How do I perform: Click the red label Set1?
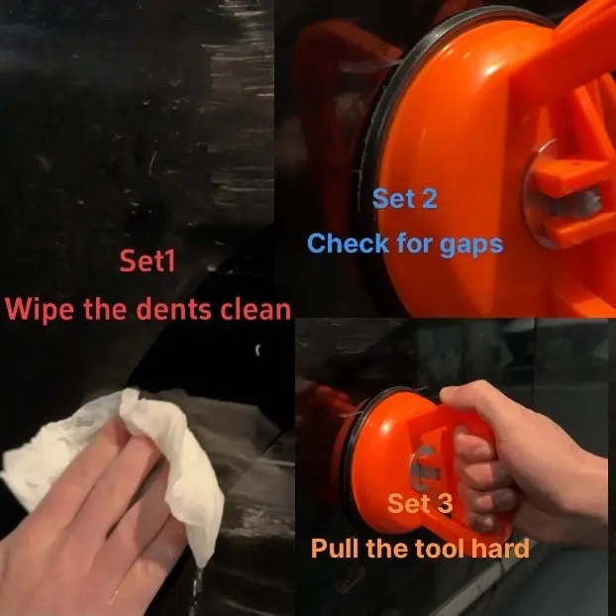point(148,260)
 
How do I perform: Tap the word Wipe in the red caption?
point(40,309)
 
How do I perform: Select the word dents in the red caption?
point(173,309)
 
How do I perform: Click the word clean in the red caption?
point(256,309)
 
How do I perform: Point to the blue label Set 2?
point(405,198)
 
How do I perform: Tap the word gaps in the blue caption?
point(471,246)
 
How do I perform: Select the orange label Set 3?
point(420,503)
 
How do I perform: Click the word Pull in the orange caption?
point(334,548)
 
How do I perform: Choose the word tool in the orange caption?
point(443,548)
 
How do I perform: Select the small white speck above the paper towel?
point(257,350)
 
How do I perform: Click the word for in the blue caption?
point(414,244)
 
